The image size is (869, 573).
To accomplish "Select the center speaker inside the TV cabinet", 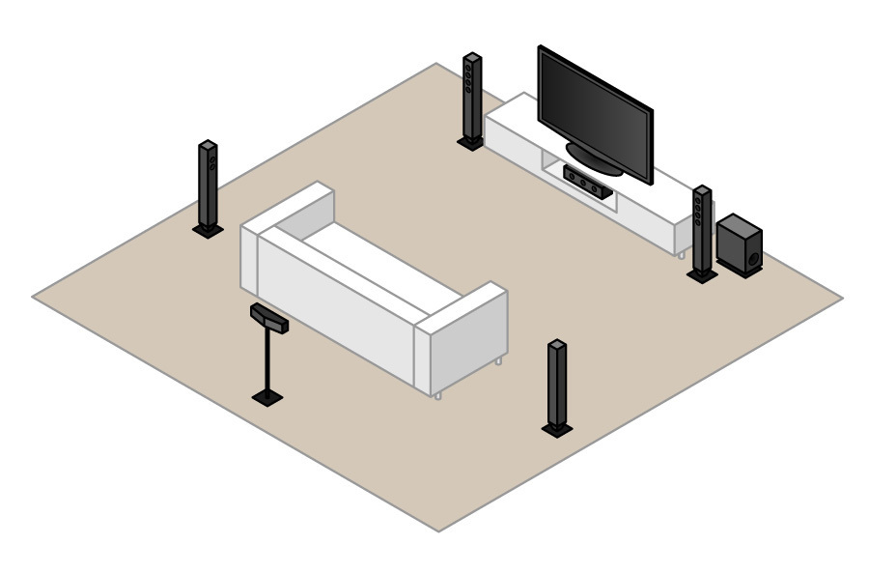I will pos(587,181).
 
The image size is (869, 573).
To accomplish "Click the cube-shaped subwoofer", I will pos(740,244).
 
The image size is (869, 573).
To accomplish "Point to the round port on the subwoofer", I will pos(751,258).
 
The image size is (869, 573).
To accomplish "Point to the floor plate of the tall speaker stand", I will pos(266,395).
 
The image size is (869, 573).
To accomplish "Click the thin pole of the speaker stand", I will pos(266,359).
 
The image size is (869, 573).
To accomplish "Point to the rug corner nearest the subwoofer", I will pos(841,298).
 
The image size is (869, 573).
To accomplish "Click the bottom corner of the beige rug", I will pos(439,530).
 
